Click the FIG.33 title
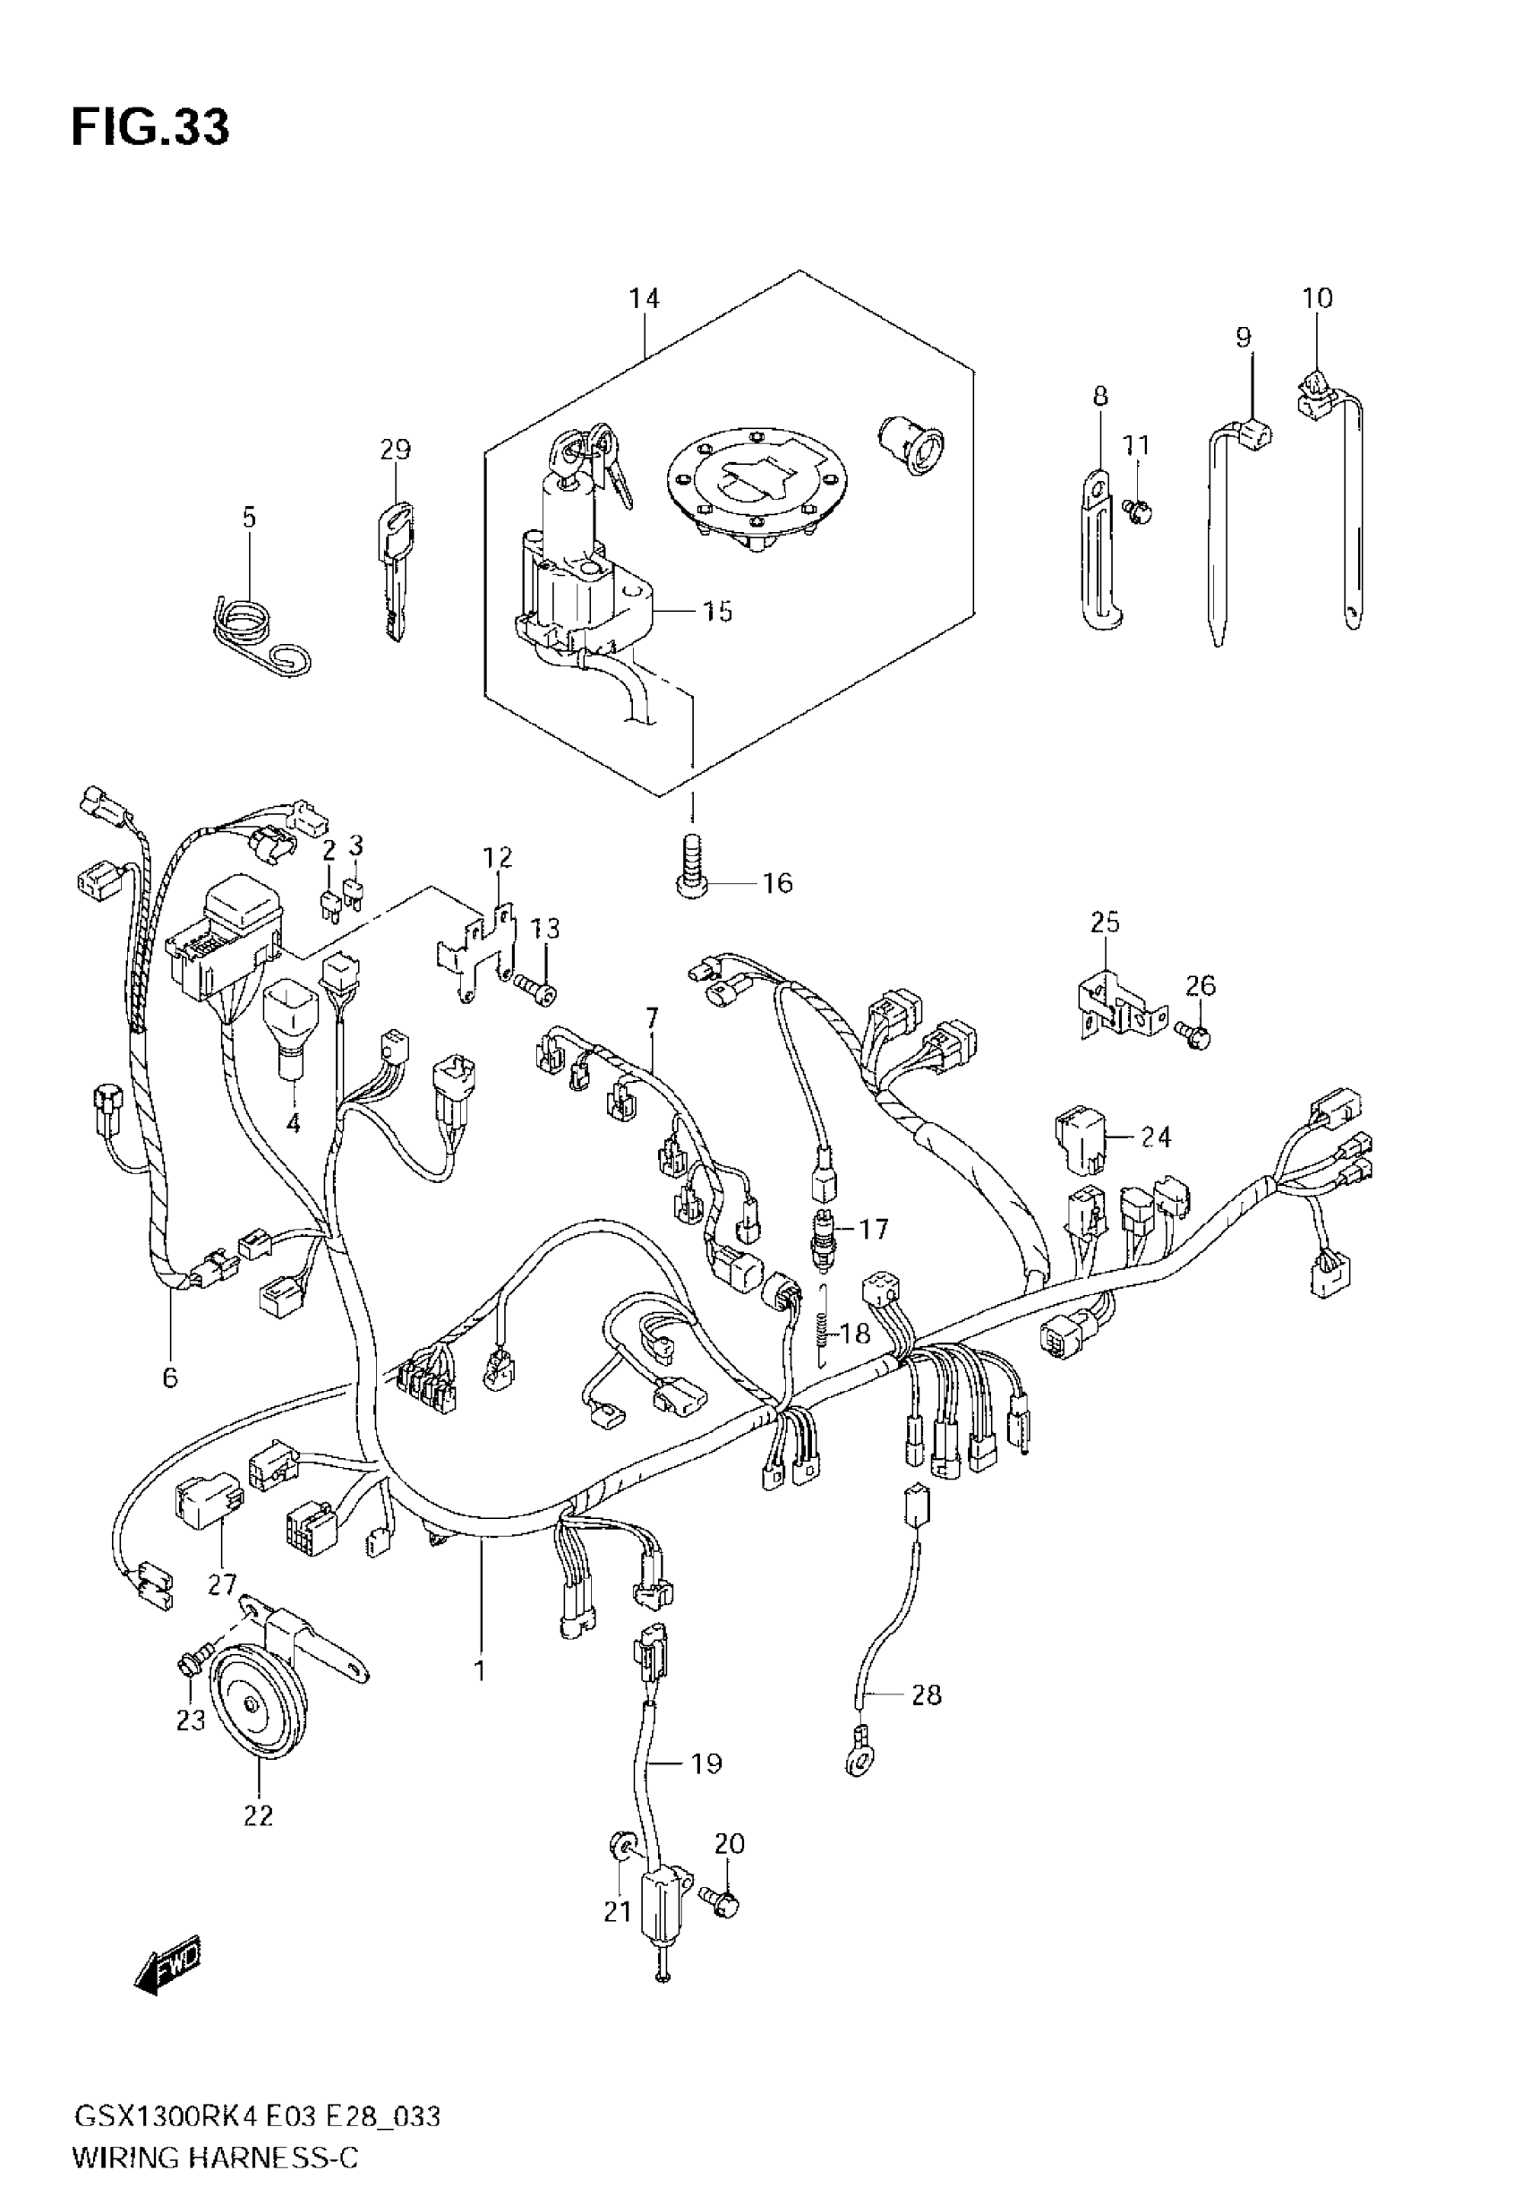pos(150,128)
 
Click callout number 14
pos(644,298)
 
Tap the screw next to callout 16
pos(693,863)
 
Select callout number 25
pos(1106,922)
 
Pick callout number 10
pos(1317,298)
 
